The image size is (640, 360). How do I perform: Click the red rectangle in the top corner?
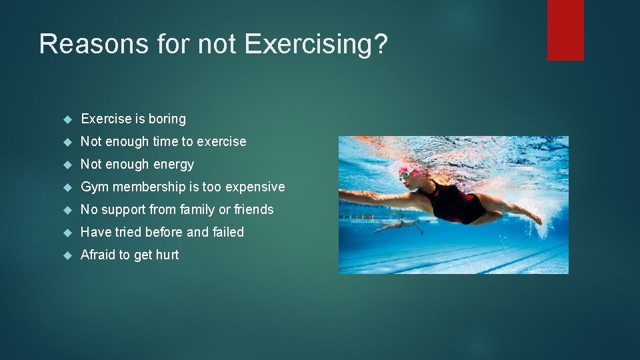tap(565, 30)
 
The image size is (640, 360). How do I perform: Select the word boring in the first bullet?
tap(167, 119)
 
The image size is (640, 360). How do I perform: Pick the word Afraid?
tap(97, 255)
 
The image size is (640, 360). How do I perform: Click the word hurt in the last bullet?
tap(167, 255)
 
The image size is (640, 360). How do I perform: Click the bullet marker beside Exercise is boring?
tap(67, 119)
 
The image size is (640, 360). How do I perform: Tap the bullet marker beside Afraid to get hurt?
tap(67, 255)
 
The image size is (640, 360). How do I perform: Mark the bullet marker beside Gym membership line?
tap(67, 187)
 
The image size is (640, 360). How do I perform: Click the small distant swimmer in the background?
tap(399, 226)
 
